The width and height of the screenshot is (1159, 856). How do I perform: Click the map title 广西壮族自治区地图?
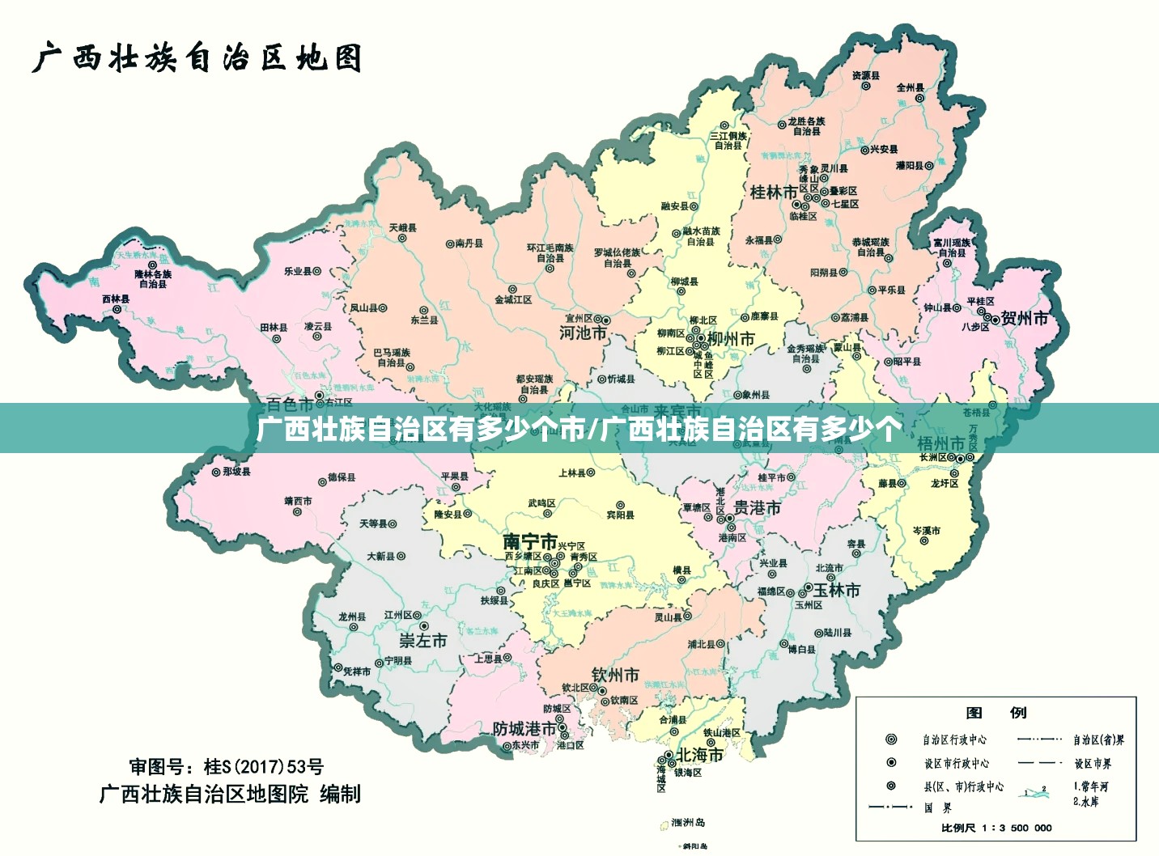click(x=197, y=59)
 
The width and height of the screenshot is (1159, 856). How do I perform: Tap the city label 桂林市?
click(x=773, y=193)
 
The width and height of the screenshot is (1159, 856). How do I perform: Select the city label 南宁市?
click(x=530, y=541)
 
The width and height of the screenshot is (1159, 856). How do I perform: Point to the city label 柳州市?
click(x=731, y=339)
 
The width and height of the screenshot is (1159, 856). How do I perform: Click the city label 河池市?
click(x=583, y=333)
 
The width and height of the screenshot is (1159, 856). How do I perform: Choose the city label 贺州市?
click(x=1025, y=318)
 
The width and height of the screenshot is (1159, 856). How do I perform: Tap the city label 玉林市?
click(x=837, y=591)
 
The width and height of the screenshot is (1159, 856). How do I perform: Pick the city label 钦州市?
click(x=615, y=675)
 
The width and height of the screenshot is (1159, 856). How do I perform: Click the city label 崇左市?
click(x=423, y=641)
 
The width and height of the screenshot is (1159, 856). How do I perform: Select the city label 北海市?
click(x=700, y=755)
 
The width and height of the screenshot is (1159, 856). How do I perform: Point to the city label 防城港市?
click(x=525, y=729)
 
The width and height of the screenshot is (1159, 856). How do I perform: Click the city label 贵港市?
click(x=757, y=508)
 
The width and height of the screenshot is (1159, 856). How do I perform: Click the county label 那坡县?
click(x=236, y=472)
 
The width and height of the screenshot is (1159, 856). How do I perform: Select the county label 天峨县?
click(x=402, y=228)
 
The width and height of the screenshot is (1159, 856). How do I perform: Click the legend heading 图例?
click(x=996, y=713)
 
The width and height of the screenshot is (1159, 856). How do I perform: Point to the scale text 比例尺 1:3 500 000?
click(x=996, y=828)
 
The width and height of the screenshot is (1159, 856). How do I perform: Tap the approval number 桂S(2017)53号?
click(x=227, y=766)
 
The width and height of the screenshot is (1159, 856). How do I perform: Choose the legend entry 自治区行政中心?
click(x=954, y=739)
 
